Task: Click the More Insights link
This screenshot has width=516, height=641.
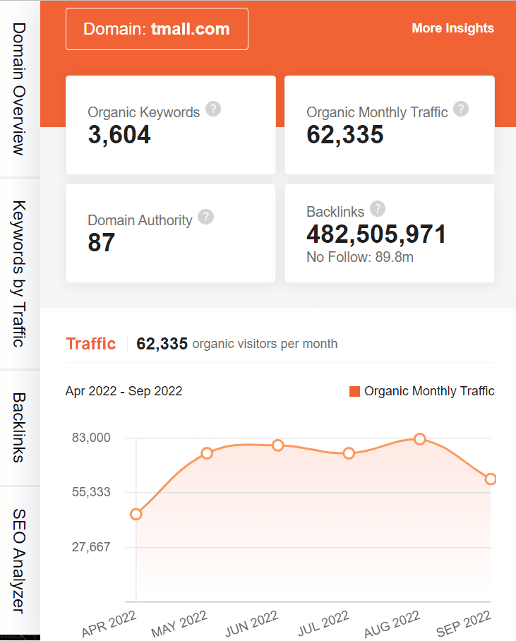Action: tap(452, 28)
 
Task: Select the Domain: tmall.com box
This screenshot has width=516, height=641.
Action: tap(157, 29)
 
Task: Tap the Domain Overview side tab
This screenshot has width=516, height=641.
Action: tap(19, 88)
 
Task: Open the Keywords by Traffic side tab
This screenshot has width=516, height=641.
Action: tap(19, 273)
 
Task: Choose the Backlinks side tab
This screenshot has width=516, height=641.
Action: tap(19, 427)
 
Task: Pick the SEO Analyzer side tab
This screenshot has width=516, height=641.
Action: tap(19, 561)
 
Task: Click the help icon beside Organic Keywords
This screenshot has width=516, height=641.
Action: tap(212, 109)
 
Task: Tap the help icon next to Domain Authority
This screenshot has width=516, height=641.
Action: tap(205, 217)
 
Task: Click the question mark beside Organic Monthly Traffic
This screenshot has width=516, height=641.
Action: tap(461, 109)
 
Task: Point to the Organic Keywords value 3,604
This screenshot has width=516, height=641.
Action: tap(119, 134)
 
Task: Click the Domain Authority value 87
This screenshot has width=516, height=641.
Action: tap(102, 242)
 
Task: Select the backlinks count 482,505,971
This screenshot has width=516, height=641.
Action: tap(376, 234)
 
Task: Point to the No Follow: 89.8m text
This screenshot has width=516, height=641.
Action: tap(360, 257)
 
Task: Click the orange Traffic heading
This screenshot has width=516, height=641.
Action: tap(90, 344)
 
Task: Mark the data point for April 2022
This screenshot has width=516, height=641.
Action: tap(136, 514)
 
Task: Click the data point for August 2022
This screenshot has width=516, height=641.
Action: tap(420, 439)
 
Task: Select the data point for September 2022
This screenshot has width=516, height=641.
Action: tap(491, 479)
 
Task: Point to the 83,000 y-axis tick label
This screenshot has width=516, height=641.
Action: tap(92, 438)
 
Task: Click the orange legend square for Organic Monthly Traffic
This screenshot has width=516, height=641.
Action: tap(355, 391)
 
